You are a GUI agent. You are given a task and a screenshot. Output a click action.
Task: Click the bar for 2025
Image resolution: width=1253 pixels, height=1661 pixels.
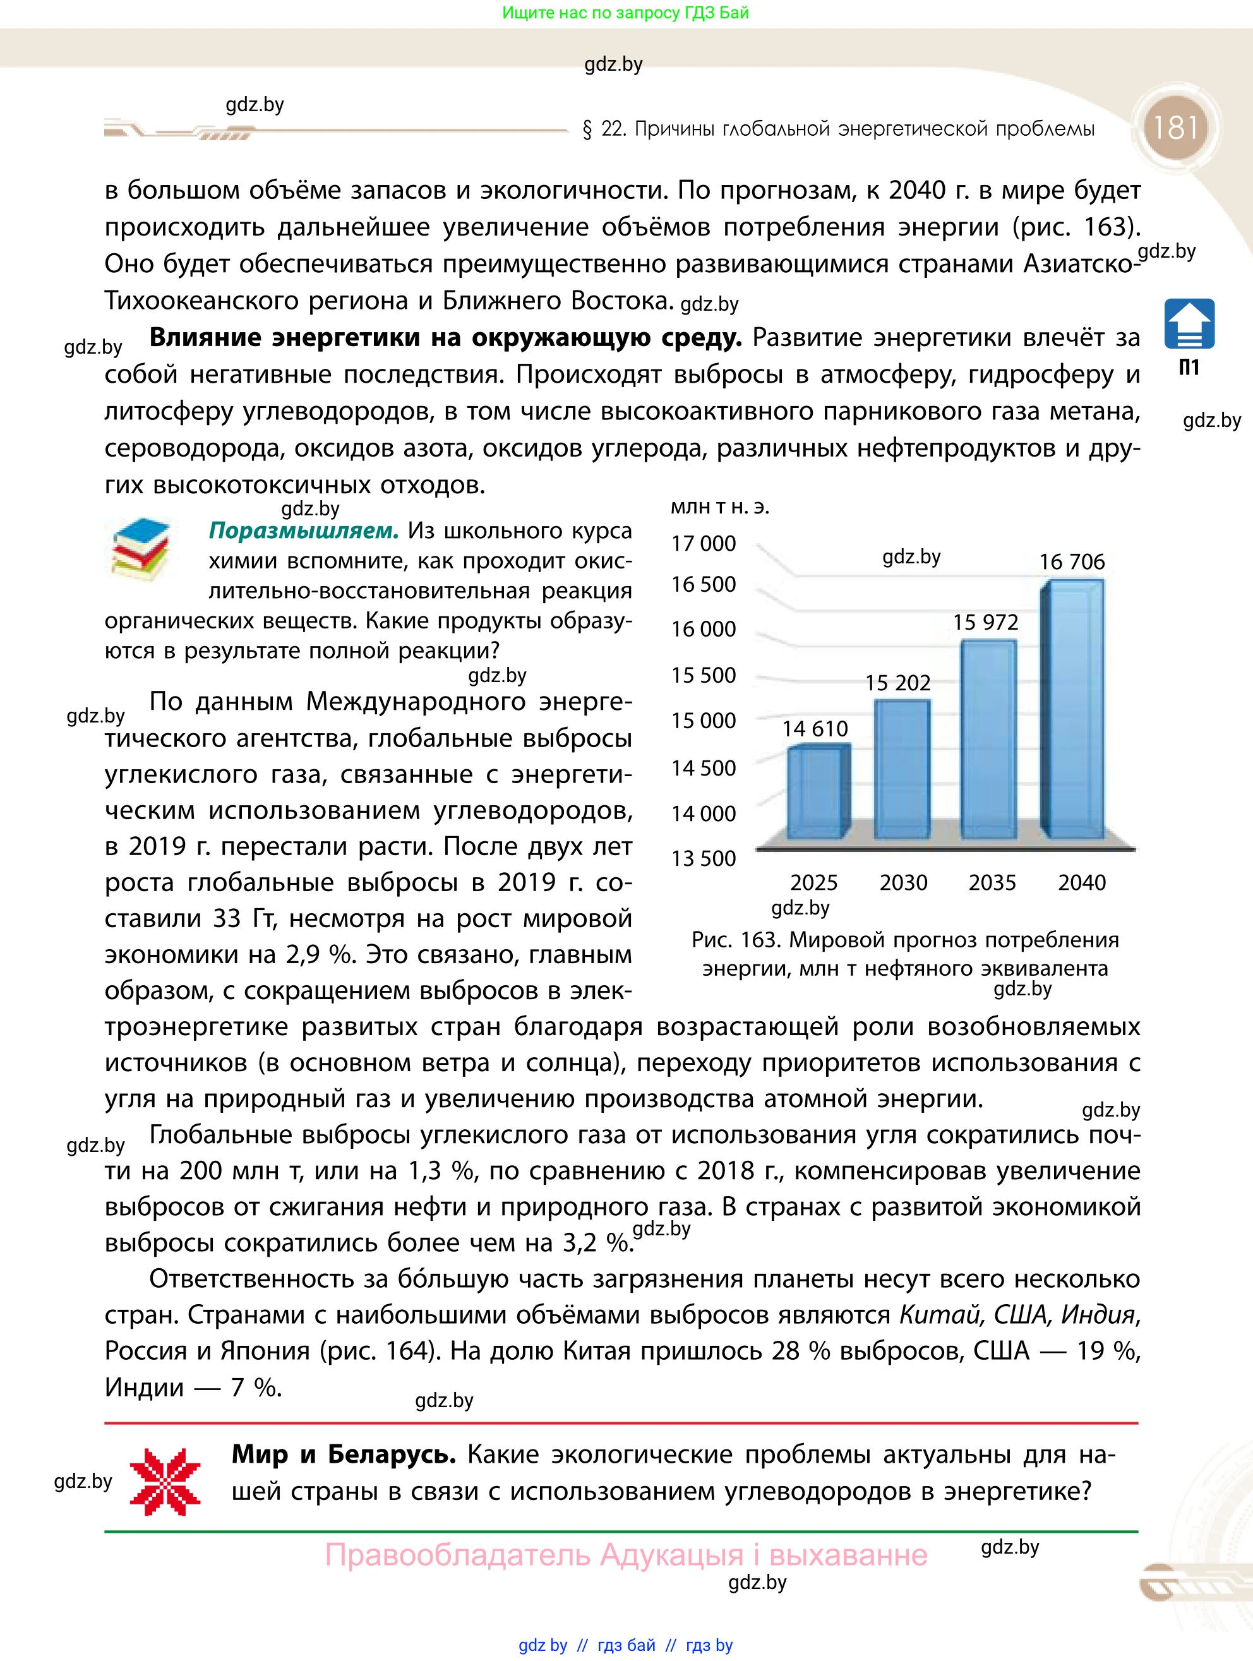818,792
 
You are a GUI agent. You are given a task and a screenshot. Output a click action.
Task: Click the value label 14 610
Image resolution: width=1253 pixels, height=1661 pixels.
815,728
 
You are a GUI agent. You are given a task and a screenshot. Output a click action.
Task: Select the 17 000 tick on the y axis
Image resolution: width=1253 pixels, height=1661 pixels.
704,543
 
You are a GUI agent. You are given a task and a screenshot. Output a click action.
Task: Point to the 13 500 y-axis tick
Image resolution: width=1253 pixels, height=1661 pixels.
704,858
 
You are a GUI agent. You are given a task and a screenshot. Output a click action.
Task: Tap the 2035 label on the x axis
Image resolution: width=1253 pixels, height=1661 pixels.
992,882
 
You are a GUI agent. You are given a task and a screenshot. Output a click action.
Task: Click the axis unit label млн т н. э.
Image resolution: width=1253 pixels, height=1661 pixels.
719,507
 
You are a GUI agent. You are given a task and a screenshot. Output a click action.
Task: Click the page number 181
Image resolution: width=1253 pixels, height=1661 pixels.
1175,128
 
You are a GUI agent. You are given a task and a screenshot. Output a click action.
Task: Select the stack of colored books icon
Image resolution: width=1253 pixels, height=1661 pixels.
141,548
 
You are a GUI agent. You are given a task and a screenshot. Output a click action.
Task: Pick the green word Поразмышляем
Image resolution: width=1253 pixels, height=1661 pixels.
303,531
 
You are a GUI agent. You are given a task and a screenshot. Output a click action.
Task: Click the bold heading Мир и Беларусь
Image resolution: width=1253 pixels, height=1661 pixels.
343,1454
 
